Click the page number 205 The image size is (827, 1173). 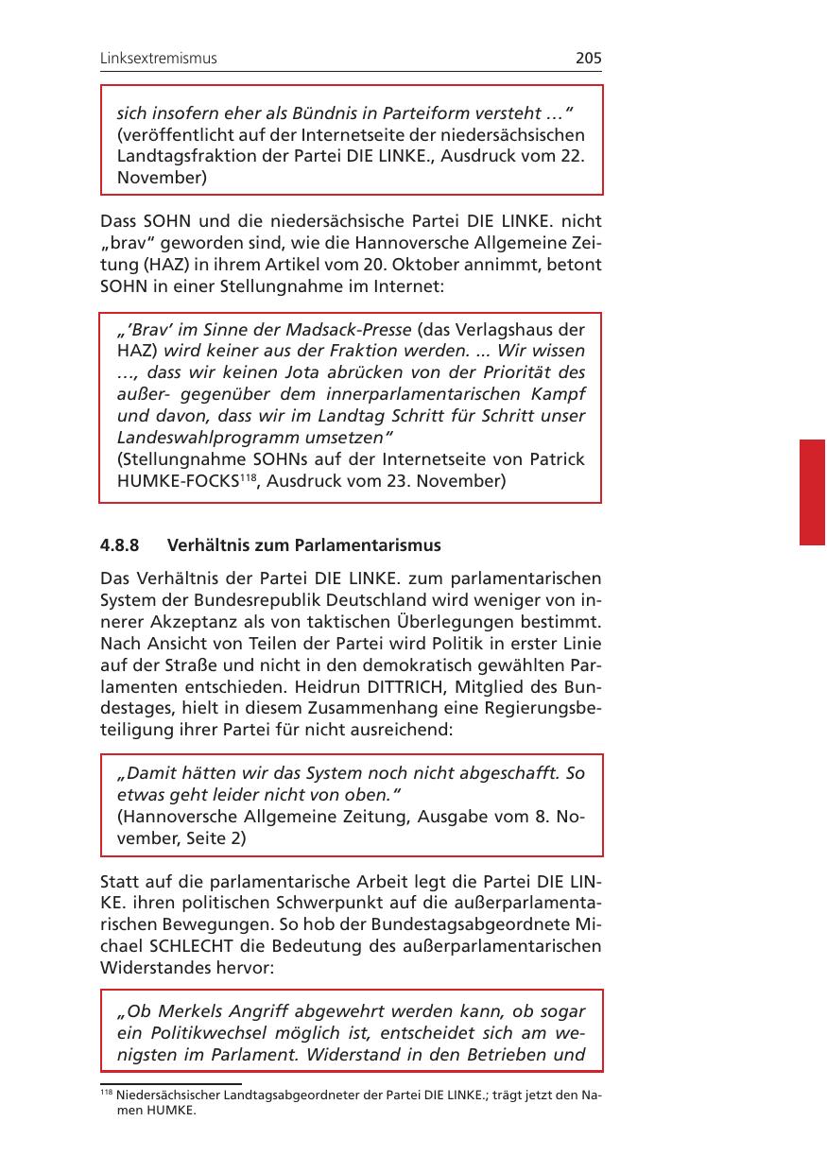588,59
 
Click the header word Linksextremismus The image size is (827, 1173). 159,59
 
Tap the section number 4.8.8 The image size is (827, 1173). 120,545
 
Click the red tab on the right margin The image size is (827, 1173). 812,492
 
